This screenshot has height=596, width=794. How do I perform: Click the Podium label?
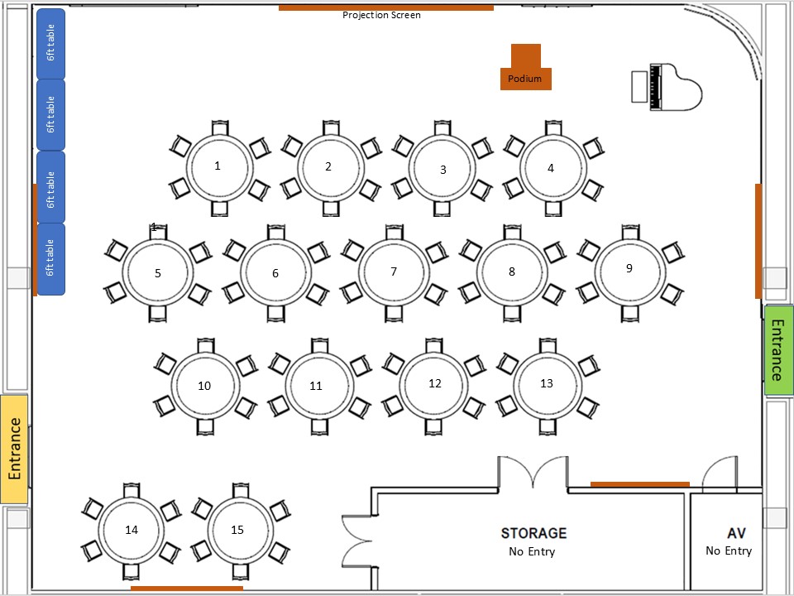tap(524, 79)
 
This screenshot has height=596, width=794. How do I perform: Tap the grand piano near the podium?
tap(676, 87)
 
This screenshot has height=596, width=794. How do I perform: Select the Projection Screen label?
tap(381, 15)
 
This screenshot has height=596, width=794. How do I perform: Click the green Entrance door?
tap(779, 349)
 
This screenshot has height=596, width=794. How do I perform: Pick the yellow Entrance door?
tap(14, 449)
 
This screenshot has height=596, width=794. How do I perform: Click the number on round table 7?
tap(394, 272)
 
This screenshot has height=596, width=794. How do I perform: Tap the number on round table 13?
tap(547, 383)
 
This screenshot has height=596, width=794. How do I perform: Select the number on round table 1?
tap(218, 166)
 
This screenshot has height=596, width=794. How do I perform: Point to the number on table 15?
tap(237, 530)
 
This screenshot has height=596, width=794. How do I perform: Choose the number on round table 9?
tap(629, 268)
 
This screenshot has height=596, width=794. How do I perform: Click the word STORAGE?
tap(533, 533)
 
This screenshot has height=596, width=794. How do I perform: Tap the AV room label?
tap(736, 533)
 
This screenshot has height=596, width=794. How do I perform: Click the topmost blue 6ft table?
tap(50, 44)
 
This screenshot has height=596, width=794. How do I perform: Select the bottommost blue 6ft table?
tap(50, 259)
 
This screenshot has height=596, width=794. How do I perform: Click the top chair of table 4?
tap(553, 127)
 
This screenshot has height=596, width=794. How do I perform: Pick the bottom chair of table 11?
tap(319, 427)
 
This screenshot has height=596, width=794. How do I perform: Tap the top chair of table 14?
tap(132, 490)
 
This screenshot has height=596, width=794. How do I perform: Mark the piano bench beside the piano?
tap(639, 87)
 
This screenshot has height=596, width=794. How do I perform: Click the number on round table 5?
tap(157, 273)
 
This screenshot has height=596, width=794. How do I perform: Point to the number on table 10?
tap(204, 386)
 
